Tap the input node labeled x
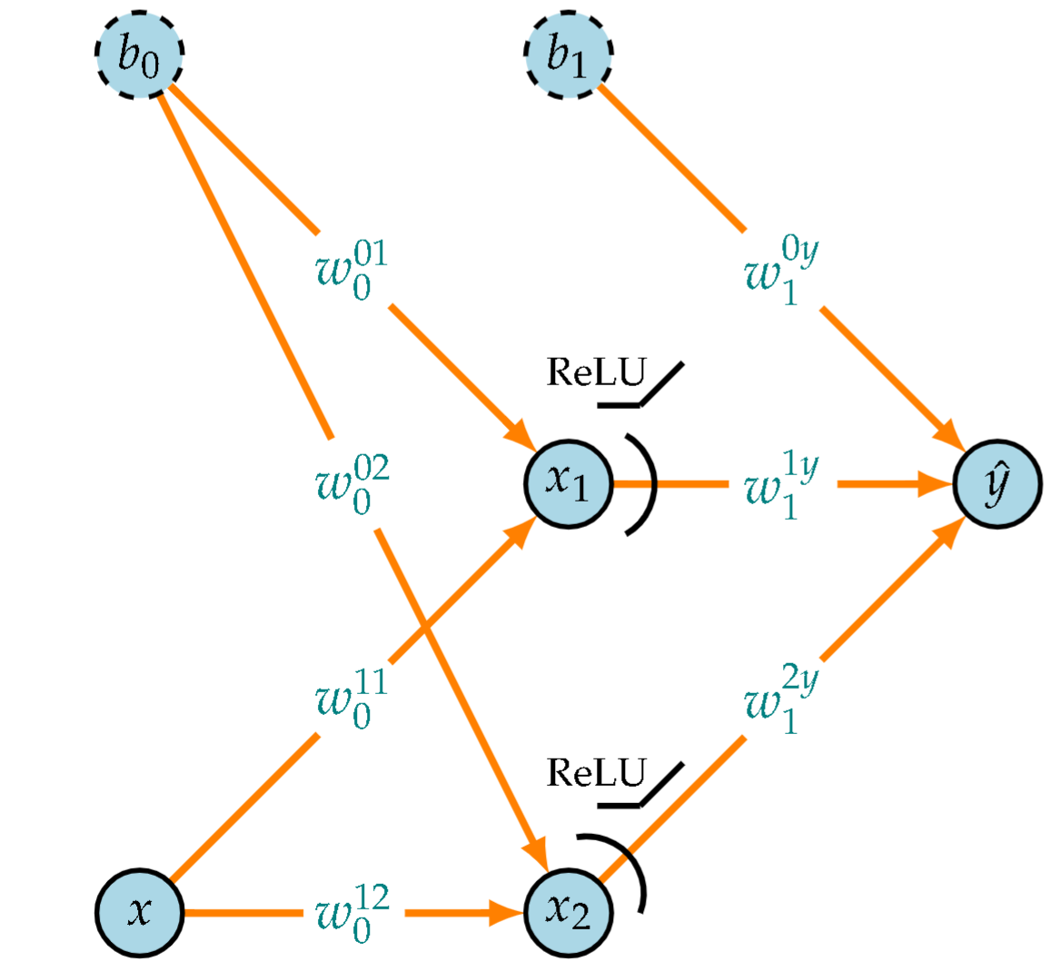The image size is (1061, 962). [x=139, y=911]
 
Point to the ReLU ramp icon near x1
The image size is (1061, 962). [x=640, y=387]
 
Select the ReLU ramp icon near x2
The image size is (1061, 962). [x=640, y=787]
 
